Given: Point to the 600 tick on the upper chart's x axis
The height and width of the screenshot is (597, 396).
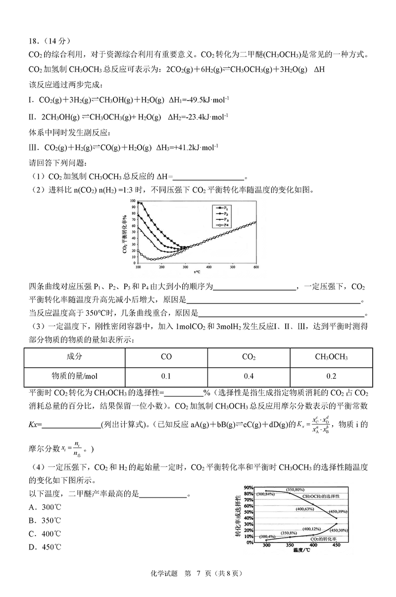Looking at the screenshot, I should coord(256,267).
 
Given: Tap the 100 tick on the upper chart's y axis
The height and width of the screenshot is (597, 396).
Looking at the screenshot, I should coord(132,201).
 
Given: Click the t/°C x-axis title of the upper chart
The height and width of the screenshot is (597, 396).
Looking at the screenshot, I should coord(197,272).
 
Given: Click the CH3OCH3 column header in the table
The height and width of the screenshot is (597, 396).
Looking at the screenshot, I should coord(331,357).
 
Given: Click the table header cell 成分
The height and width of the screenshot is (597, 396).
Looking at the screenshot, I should coord(75,357).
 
